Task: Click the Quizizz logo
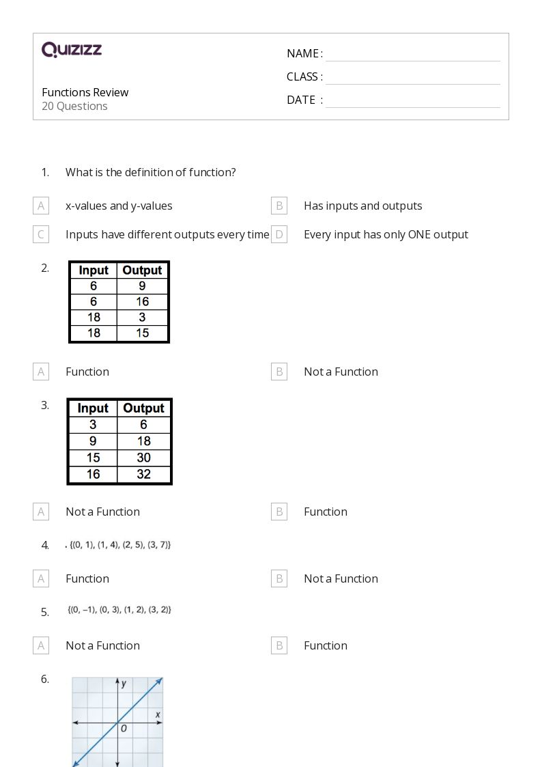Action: (x=72, y=50)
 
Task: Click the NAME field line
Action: (x=412, y=55)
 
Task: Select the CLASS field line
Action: (x=412, y=78)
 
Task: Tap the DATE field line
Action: (x=412, y=101)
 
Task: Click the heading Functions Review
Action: (x=85, y=92)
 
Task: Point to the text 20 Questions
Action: (x=74, y=106)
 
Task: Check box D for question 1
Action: (x=279, y=234)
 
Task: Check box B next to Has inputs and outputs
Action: (x=279, y=206)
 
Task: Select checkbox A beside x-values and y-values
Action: (x=41, y=206)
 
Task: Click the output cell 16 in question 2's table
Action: (x=143, y=301)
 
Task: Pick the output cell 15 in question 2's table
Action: (x=143, y=333)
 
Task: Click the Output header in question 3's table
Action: (x=143, y=408)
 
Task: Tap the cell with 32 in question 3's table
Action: (x=143, y=474)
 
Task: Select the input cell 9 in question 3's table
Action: (x=93, y=441)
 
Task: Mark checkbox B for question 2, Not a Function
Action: (x=279, y=372)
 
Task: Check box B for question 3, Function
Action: (x=279, y=512)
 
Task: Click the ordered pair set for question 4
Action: (x=120, y=545)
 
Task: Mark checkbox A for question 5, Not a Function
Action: (x=41, y=645)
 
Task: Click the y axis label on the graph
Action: (x=124, y=684)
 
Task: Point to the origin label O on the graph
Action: (x=124, y=729)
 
